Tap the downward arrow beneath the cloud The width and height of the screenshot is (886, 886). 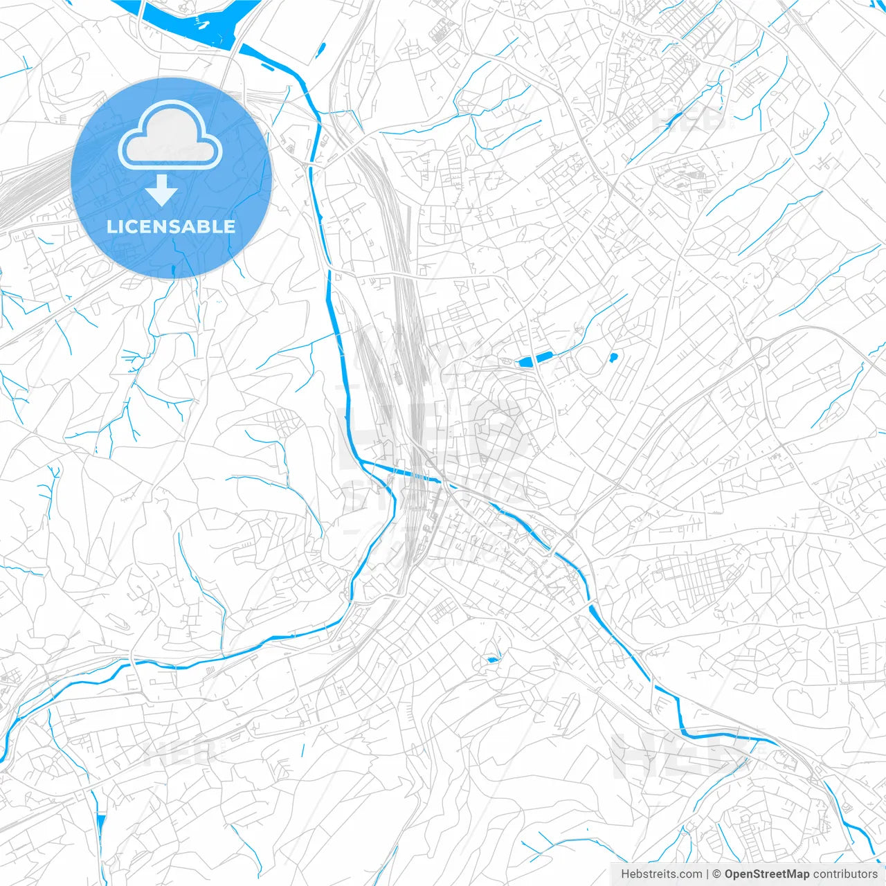161,190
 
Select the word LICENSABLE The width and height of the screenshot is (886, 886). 170,226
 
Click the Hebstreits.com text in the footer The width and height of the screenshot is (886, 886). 661,874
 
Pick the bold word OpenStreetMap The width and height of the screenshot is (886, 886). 767,874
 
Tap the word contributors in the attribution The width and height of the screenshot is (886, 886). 845,874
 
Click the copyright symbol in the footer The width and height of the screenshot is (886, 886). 716,874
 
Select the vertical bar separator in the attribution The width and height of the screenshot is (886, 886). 707,874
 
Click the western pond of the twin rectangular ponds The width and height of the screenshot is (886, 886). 525,361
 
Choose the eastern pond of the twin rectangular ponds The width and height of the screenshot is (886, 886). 543,356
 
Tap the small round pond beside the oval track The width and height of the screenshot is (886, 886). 613,358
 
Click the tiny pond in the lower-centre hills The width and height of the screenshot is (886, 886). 492,660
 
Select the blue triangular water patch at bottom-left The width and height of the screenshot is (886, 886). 102,827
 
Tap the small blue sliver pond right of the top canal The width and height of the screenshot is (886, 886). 321,49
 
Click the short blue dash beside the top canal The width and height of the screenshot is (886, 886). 267,67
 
